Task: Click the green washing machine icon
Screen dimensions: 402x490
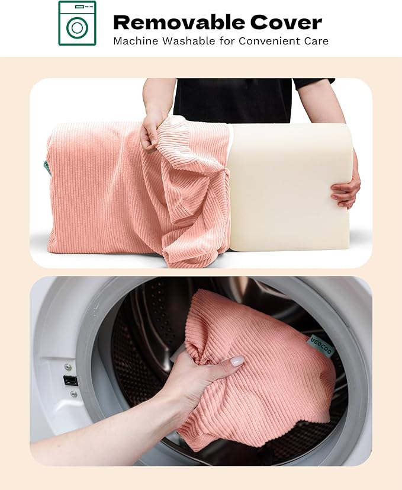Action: point(77,23)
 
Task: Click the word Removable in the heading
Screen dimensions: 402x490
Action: point(179,23)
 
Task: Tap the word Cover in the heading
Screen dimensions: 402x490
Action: point(286,23)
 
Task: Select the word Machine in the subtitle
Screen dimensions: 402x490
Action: point(136,41)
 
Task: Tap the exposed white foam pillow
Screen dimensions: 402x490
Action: point(291,187)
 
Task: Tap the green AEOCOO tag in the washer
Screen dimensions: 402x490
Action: point(322,345)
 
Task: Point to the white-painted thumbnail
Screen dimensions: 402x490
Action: point(237,361)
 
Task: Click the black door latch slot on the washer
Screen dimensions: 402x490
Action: point(70,380)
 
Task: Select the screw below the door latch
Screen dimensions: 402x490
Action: point(74,394)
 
